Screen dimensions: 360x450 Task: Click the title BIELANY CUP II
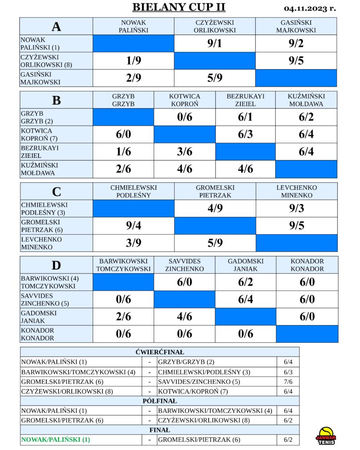pos(179,7)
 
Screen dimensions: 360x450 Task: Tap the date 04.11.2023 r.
pos(310,8)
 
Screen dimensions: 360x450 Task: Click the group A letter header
pos(56,26)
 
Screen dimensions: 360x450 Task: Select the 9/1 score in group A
pos(215,44)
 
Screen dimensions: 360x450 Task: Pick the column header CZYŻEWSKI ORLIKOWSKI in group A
pos(215,26)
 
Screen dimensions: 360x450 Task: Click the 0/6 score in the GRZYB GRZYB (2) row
pos(185,117)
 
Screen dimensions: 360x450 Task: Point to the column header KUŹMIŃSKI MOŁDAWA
pos(306,100)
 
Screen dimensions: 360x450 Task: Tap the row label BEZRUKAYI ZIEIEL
pos(40,152)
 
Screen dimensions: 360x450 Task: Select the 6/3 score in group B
pos(245,134)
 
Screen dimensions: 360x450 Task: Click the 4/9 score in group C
pos(215,208)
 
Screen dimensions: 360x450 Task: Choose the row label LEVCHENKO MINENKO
pos(41,243)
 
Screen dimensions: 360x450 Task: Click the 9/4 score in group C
pos(134,225)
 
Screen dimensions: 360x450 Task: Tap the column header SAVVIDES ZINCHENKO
pos(185,265)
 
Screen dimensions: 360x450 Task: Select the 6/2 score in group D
pos(245,282)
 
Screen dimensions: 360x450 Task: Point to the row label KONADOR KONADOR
pos(37,334)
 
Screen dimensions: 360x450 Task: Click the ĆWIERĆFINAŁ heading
pos(160,352)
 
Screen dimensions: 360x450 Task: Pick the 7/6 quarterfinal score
pos(288,382)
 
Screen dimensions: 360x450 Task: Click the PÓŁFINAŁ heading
pos(160,401)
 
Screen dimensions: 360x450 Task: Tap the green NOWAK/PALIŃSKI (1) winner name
pos(55,439)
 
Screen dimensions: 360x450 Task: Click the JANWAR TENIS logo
pos(326,436)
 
